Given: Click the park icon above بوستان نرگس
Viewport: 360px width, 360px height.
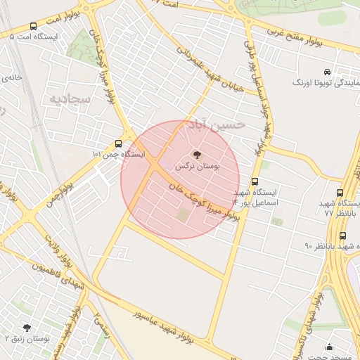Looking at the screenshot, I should tap(196, 155).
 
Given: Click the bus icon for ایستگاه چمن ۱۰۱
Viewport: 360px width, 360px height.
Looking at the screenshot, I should tap(118, 143).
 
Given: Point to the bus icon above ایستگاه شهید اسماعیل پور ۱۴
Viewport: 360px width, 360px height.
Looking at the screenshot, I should tap(254, 181).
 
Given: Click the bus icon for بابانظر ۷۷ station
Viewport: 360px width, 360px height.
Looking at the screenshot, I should tap(340, 193).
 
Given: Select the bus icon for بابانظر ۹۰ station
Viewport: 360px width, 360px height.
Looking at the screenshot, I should tap(342, 236).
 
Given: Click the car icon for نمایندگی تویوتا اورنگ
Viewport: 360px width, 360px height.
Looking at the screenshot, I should tap(327, 72).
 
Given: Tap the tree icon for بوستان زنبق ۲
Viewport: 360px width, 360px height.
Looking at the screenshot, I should tap(27, 328).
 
